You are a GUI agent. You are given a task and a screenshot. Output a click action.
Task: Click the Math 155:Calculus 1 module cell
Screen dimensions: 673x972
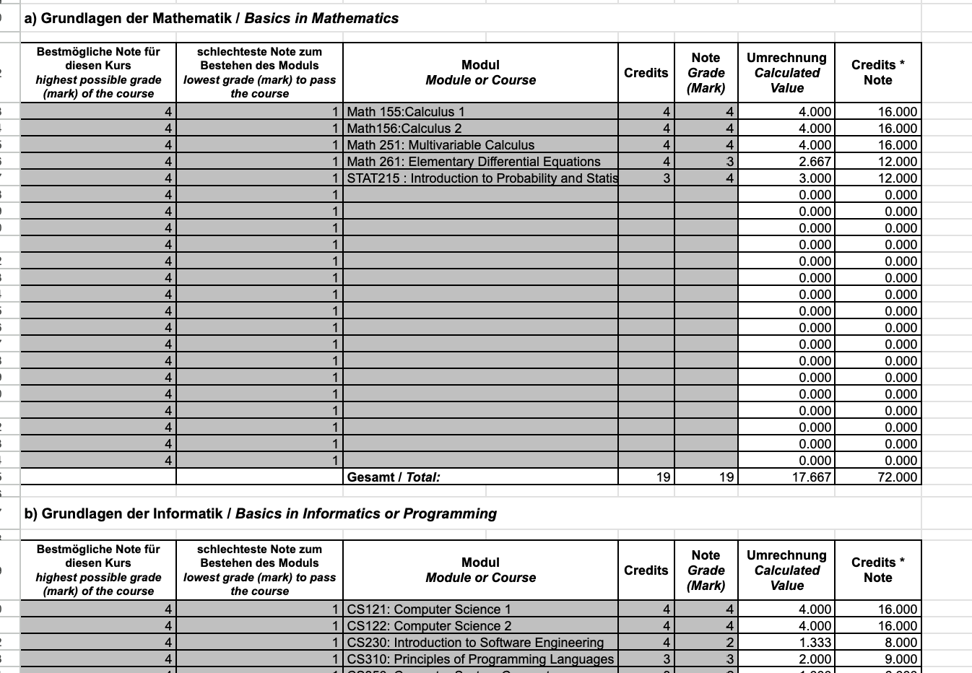(x=406, y=112)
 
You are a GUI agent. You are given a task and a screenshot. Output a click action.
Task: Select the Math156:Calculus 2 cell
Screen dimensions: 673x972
(x=404, y=129)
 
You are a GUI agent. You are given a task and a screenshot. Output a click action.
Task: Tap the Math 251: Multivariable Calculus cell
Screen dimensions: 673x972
(x=441, y=145)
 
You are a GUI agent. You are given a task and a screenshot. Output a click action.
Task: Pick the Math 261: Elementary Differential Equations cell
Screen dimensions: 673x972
(x=474, y=162)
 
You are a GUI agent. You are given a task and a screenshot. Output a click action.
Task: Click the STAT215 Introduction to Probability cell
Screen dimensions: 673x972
(x=482, y=178)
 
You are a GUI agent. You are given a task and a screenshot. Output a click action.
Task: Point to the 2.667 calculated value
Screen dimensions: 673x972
(x=815, y=162)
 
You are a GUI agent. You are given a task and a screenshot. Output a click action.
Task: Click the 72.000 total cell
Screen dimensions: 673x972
(x=897, y=477)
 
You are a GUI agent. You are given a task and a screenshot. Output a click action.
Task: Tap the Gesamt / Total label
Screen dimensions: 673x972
(x=394, y=477)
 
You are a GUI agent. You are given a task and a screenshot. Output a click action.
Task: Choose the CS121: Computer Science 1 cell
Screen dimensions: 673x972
(x=429, y=609)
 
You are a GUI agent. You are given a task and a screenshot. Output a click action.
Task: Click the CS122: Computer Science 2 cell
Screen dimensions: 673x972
(x=429, y=626)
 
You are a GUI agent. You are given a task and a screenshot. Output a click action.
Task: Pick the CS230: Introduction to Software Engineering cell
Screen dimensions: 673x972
(x=475, y=643)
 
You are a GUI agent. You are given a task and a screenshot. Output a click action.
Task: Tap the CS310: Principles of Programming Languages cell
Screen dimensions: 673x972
(x=480, y=659)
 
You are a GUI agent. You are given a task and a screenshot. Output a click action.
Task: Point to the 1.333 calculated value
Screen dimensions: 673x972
(x=815, y=643)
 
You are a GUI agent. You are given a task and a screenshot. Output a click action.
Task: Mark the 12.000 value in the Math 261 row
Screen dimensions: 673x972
(x=897, y=162)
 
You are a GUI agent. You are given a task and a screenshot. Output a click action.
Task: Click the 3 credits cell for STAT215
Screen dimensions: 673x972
(x=666, y=178)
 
